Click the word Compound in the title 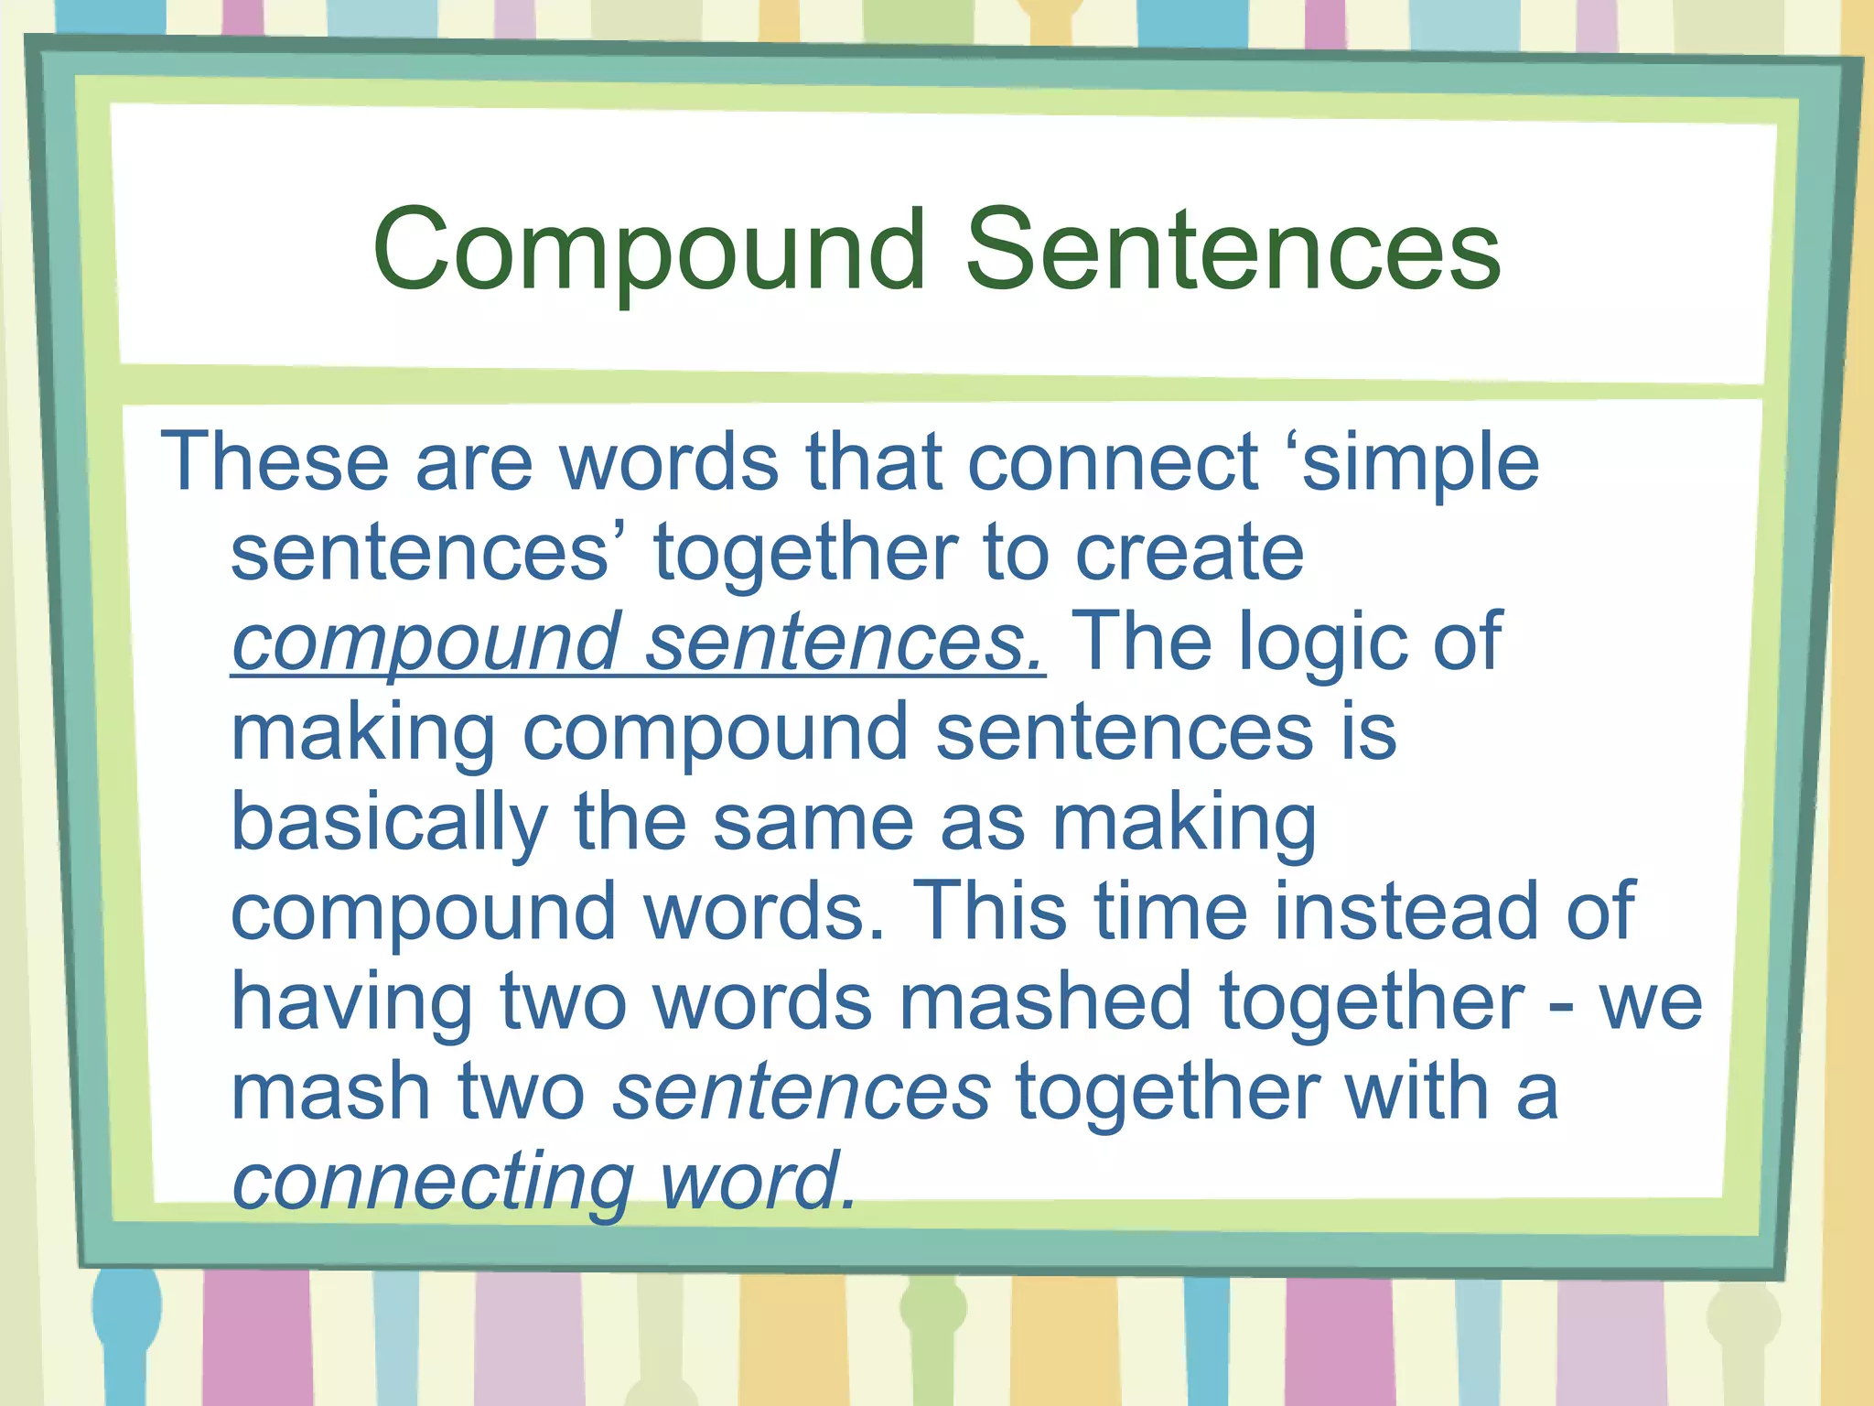pos(649,250)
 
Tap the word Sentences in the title pos(1233,250)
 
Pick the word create pos(1189,553)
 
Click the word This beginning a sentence pos(990,912)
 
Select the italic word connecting pos(433,1182)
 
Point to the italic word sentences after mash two pos(801,1092)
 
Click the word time pos(1171,912)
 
